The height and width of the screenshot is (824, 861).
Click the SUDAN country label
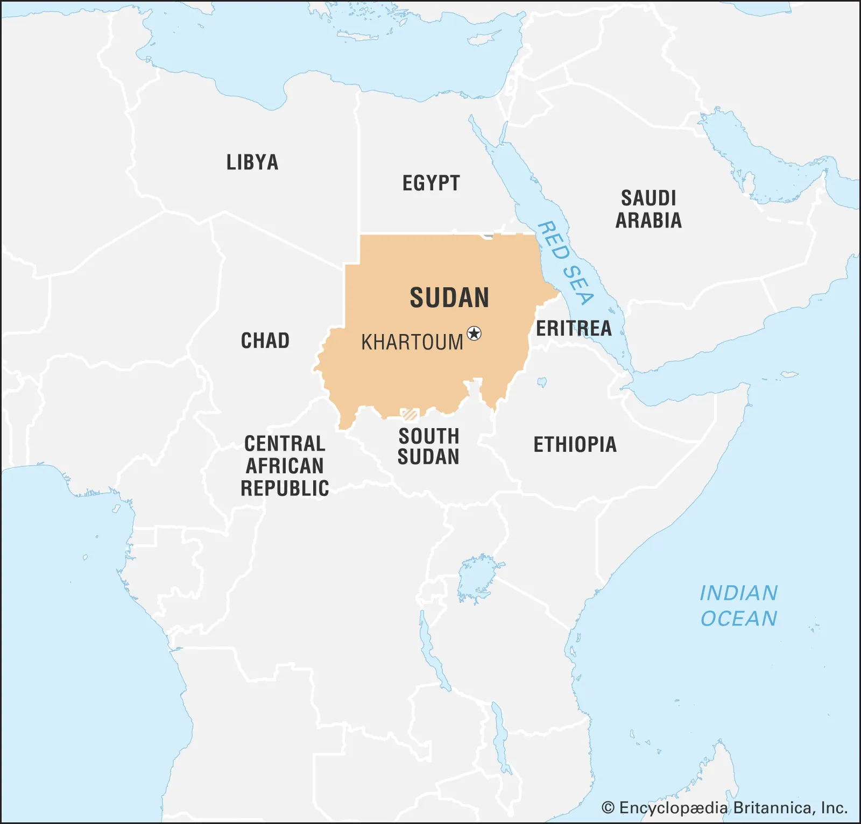(x=449, y=298)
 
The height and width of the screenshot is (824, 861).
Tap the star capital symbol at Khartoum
(x=474, y=333)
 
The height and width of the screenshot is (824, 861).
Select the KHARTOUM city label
(x=412, y=343)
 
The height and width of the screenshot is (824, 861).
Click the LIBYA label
(x=252, y=162)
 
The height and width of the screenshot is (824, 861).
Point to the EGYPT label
(x=431, y=183)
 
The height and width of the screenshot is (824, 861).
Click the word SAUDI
(x=648, y=198)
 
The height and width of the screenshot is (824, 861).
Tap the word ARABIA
(x=648, y=221)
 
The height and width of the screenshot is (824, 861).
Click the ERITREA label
(x=574, y=328)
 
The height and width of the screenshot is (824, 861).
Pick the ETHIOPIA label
(x=575, y=445)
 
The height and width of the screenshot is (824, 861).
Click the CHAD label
(x=265, y=340)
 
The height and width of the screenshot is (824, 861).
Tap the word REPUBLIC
(x=285, y=488)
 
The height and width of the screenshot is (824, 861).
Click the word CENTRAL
(x=285, y=444)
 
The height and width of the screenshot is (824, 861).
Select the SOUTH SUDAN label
(x=428, y=446)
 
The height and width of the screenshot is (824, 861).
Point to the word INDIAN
(x=738, y=593)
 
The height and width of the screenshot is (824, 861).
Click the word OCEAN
(x=738, y=619)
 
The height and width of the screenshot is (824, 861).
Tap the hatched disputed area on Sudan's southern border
(x=410, y=414)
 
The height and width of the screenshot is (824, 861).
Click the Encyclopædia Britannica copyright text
(x=724, y=808)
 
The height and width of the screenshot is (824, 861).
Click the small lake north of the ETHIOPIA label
(x=542, y=382)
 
